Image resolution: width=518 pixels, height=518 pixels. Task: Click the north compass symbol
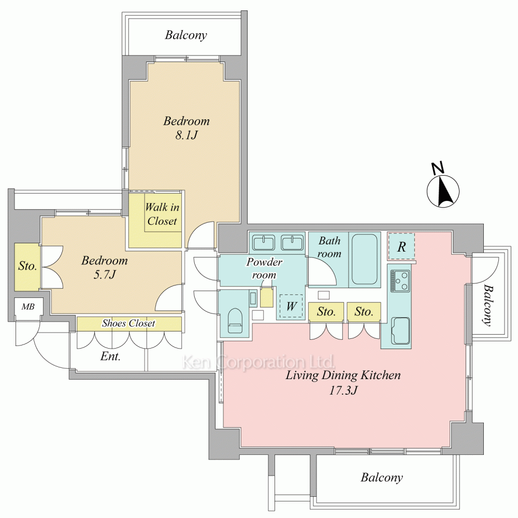click(443, 189)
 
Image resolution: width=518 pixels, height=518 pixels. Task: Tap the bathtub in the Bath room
click(365, 260)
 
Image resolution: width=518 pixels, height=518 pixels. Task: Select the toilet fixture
click(235, 320)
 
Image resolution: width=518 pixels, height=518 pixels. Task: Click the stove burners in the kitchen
click(400, 281)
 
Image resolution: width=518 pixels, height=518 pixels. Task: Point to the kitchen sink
click(400, 330)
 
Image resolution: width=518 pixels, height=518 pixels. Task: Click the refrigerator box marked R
click(401, 246)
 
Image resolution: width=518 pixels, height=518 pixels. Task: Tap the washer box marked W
click(291, 306)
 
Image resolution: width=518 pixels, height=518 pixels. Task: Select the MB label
click(28, 307)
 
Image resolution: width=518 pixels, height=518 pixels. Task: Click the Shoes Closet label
click(128, 323)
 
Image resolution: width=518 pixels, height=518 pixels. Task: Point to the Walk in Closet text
click(162, 214)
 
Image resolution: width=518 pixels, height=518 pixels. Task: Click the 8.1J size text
click(186, 135)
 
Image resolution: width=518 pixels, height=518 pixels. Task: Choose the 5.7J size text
click(105, 275)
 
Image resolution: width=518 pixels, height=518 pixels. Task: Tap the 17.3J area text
click(343, 391)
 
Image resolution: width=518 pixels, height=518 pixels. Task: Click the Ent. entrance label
click(110, 356)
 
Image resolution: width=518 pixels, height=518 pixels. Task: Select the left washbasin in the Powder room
click(264, 243)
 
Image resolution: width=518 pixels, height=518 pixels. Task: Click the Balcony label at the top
click(186, 35)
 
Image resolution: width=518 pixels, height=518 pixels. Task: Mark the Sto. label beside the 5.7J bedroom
click(27, 266)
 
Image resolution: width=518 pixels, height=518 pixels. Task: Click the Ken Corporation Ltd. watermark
click(259, 362)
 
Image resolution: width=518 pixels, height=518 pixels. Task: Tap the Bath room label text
click(329, 247)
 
